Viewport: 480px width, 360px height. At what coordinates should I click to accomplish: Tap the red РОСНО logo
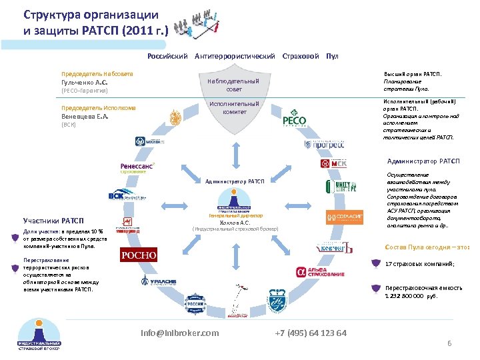click(x=138, y=255)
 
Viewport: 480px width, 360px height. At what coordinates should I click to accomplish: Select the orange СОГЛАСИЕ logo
click(x=345, y=217)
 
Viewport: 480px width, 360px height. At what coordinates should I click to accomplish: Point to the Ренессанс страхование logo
click(x=137, y=168)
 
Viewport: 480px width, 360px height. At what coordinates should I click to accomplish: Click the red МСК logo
click(x=333, y=164)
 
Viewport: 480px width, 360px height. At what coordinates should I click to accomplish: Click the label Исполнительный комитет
click(x=234, y=108)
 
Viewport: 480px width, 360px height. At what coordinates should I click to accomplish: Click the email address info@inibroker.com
click(x=180, y=333)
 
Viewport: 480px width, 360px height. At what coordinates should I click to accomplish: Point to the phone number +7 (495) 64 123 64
click(x=310, y=333)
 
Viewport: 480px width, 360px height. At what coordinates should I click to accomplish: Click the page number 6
click(x=449, y=343)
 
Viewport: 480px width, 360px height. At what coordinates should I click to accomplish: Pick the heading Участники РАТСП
click(x=54, y=221)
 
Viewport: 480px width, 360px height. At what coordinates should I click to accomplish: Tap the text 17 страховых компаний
click(x=420, y=264)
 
